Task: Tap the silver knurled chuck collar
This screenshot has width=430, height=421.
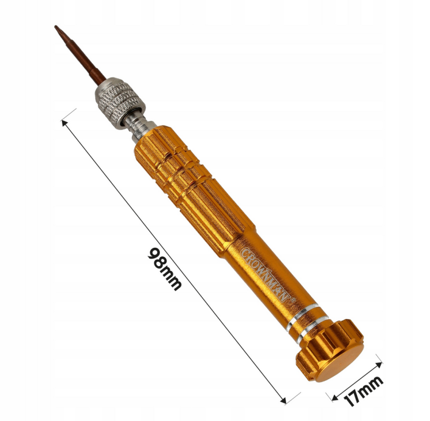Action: [120, 103]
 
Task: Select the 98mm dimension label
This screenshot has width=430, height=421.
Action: [165, 269]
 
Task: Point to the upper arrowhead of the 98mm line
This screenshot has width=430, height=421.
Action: [64, 123]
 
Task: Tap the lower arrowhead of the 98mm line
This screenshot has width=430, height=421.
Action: [283, 400]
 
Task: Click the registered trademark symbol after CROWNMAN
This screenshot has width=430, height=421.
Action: [294, 300]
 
